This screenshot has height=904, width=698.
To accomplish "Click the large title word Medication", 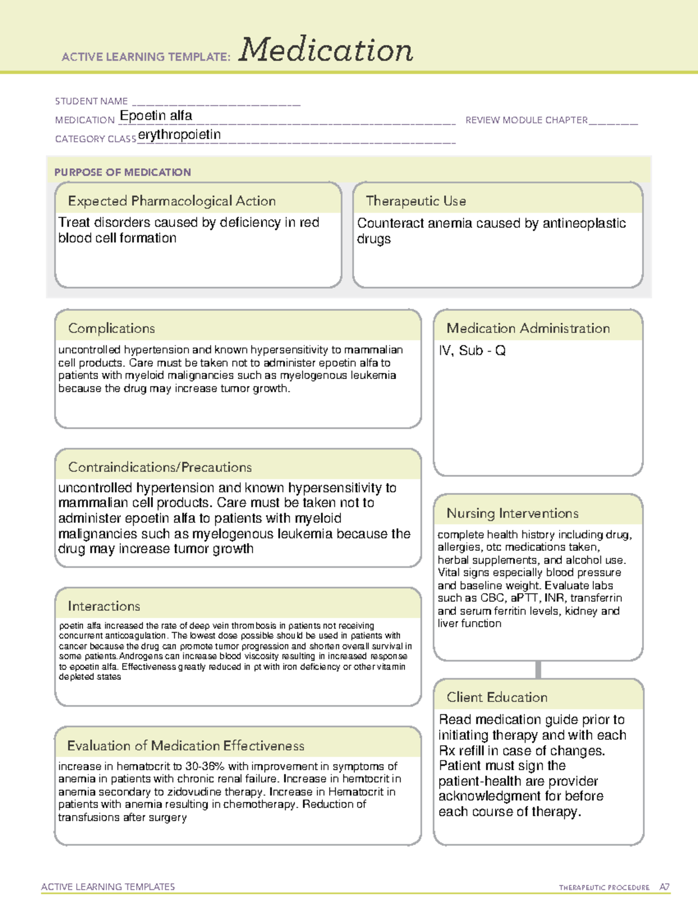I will coord(326,50).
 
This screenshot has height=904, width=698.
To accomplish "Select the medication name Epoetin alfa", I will coord(156,116).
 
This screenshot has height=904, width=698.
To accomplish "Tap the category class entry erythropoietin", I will coord(179,135).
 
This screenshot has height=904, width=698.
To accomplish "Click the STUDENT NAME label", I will coord(91,101).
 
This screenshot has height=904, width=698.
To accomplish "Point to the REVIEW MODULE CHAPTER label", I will coord(526,120).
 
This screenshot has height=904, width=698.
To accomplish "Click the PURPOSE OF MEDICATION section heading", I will coord(122,172).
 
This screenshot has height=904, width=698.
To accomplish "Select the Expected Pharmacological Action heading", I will coord(172,201).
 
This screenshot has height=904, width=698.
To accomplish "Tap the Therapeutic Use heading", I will coord(415,201).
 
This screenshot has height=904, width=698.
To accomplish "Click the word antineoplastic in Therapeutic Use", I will coord(584,224).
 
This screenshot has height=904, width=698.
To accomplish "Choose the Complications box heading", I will coord(111,328).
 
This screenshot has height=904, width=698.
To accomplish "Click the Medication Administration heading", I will coord(528,328).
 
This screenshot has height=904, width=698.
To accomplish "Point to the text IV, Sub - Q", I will coord(472,350).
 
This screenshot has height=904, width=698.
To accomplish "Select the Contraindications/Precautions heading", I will coord(159,467).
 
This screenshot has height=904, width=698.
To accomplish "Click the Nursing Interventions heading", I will coord(512,513).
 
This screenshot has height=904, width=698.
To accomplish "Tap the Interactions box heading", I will coord(104,606).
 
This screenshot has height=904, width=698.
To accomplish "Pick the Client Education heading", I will coord(497,697).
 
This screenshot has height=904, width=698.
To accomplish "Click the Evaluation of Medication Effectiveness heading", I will coord(186,746).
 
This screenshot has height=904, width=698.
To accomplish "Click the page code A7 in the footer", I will coord(664,887).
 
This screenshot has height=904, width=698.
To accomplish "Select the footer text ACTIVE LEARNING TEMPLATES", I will coord(108,887).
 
